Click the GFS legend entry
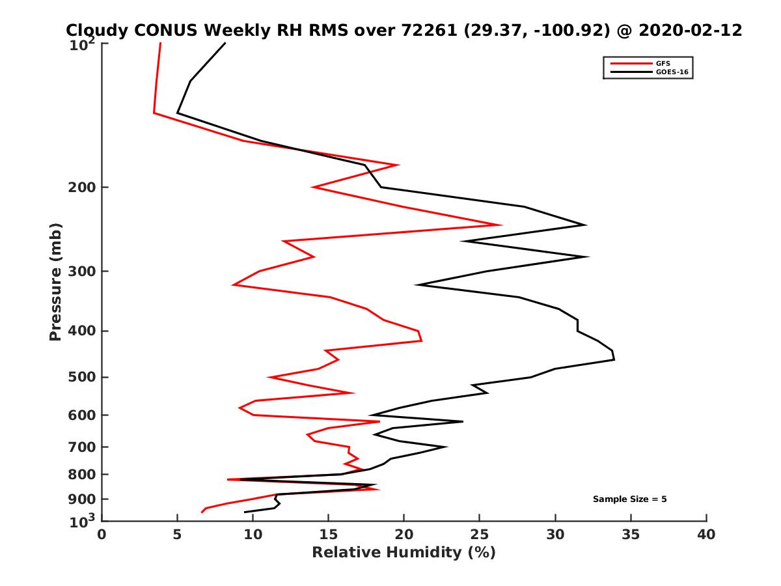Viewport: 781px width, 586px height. pyautogui.click(x=663, y=63)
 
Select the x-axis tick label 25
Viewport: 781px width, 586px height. pyautogui.click(x=480, y=535)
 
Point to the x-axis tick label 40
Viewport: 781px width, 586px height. pyautogui.click(x=706, y=535)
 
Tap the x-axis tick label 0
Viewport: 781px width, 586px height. pyautogui.click(x=102, y=535)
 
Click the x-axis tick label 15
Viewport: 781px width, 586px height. pyautogui.click(x=328, y=535)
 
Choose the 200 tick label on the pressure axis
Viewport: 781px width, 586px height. pyautogui.click(x=79, y=188)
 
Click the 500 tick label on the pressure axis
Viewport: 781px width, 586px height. pyautogui.click(x=79, y=377)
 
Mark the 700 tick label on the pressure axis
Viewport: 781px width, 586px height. pyautogui.click(x=79, y=447)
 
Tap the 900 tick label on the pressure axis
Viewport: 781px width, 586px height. pyautogui.click(x=79, y=499)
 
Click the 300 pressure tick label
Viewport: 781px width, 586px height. pyautogui.click(x=79, y=271)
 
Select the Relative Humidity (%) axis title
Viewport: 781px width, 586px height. pyautogui.click(x=404, y=553)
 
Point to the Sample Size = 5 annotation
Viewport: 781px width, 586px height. pyautogui.click(x=629, y=499)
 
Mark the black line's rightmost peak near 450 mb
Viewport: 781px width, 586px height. pyautogui.click(x=614, y=358)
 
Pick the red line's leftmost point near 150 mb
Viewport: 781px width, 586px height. pyautogui.click(x=154, y=113)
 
